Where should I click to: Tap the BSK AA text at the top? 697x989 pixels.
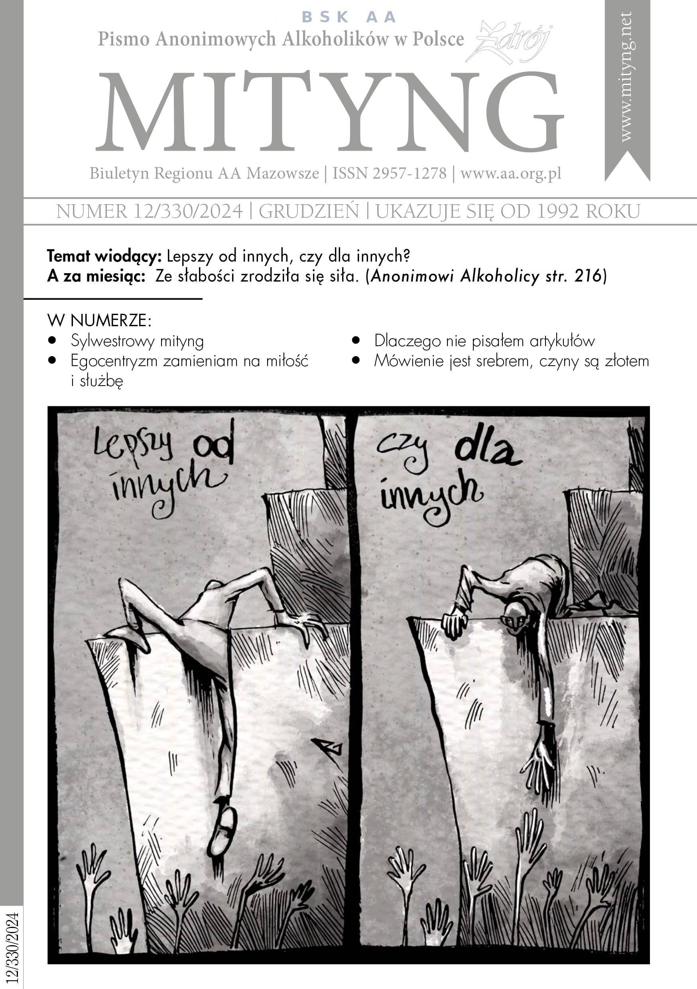349,17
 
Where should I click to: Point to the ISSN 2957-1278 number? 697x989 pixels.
390,173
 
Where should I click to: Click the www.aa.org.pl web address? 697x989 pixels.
511,173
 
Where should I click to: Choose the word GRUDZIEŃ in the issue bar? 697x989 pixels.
309,211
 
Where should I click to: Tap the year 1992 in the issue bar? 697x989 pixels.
557,211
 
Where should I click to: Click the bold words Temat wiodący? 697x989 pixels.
104,257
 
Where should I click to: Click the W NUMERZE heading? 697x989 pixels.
99,321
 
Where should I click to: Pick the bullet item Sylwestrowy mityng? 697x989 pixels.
137,341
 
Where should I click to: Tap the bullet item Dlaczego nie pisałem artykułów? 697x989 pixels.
484,341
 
